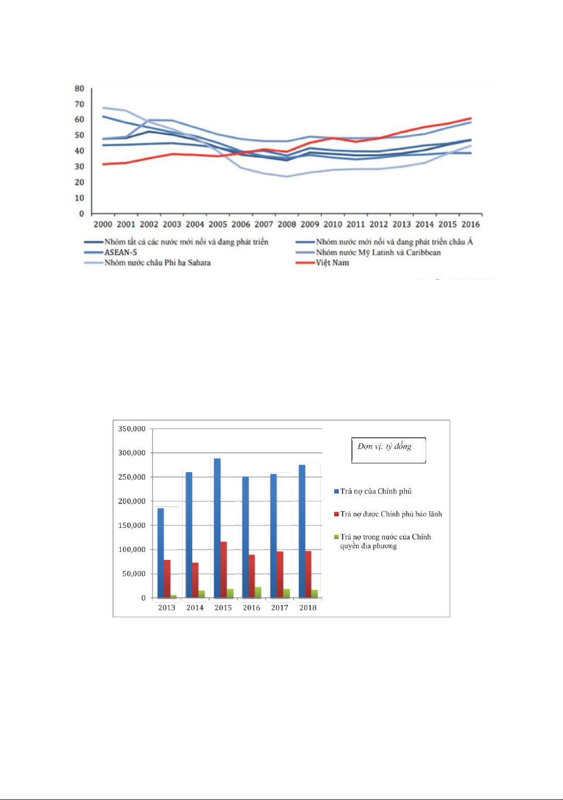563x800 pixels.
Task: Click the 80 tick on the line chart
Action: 79,89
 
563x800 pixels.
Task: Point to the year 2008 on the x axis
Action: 287,224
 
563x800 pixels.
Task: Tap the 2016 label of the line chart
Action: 471,224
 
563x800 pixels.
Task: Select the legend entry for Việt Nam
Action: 332,263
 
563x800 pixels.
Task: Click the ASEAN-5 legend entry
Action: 121,252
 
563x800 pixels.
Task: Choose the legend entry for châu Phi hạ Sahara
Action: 157,263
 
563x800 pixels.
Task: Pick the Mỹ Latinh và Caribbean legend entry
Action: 378,252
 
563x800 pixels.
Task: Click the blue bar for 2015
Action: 217,527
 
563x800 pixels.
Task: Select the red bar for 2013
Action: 167,579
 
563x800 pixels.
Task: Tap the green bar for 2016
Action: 258,592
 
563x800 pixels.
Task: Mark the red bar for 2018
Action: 308,574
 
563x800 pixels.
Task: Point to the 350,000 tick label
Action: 132,429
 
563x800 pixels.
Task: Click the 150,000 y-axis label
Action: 132,525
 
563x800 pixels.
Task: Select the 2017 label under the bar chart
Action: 279,607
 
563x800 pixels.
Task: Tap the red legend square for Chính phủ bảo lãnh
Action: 337,514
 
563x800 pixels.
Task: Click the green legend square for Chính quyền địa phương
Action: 337,537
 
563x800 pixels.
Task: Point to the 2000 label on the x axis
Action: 103,224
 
